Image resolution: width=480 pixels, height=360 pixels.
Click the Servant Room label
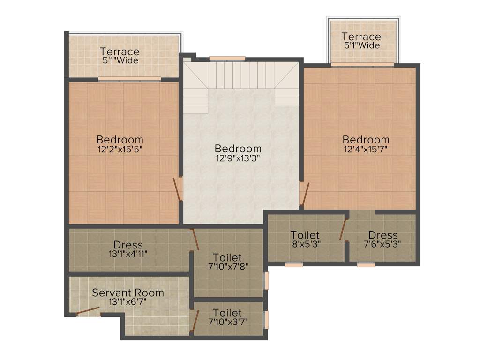(128, 293)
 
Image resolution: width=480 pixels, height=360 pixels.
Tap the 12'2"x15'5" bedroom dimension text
(120, 150)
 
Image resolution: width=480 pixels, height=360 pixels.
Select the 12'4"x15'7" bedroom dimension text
(366, 150)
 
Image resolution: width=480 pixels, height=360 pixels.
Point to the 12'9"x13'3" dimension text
(238, 158)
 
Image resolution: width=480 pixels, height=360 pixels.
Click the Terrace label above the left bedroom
(120, 52)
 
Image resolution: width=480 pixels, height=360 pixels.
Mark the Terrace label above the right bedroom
(361, 37)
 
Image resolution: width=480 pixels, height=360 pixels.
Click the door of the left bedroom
(178, 188)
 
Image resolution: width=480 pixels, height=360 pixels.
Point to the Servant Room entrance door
(88, 311)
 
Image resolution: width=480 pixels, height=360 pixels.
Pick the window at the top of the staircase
(227, 59)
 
